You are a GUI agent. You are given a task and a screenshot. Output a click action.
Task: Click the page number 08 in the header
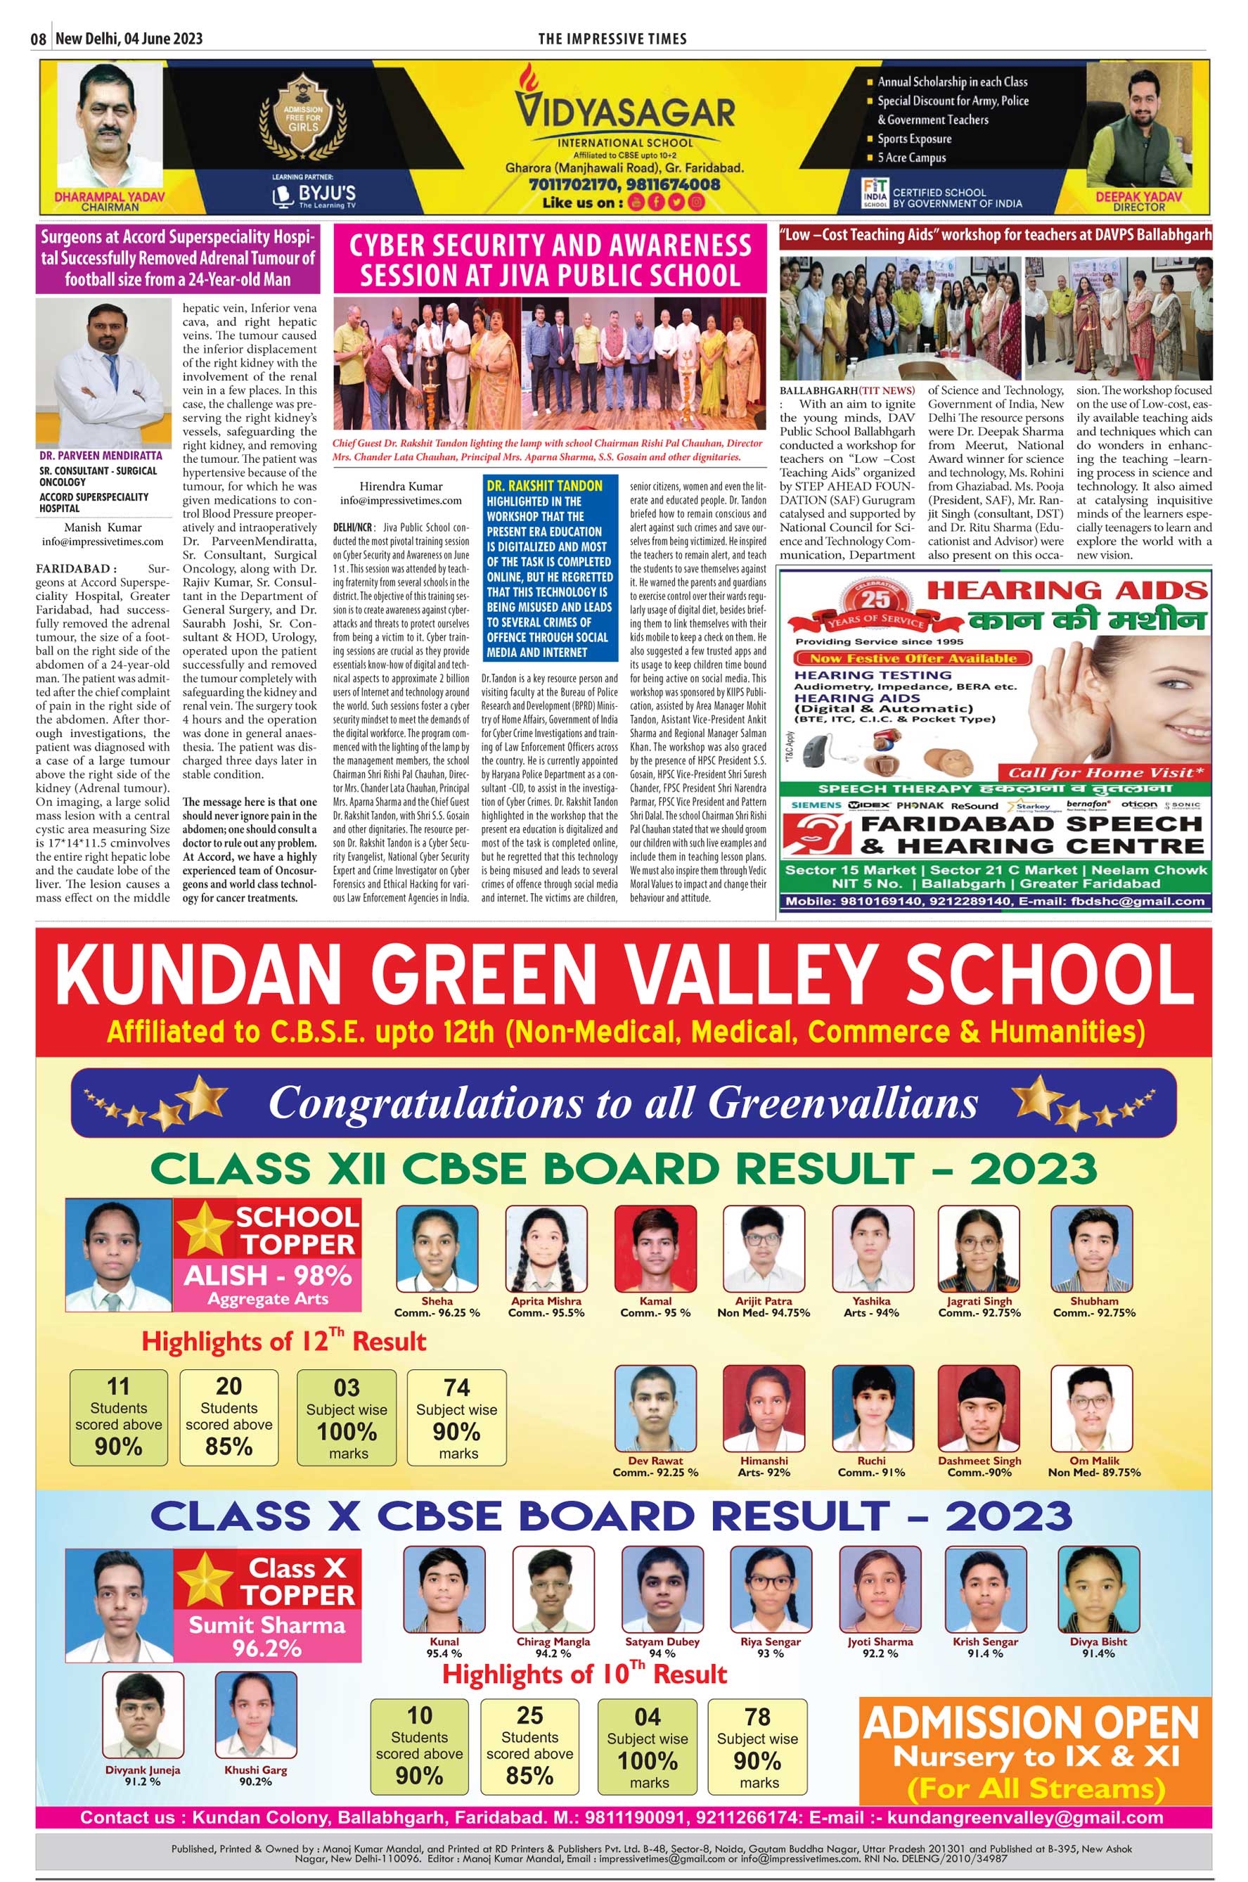coord(38,39)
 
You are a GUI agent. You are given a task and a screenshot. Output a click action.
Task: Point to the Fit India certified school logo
coord(875,193)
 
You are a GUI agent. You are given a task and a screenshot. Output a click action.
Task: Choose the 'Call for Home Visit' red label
coord(1105,772)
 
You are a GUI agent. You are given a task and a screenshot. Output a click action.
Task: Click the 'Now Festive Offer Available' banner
coord(912,658)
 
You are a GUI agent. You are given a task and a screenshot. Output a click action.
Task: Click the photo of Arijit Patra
coord(764,1248)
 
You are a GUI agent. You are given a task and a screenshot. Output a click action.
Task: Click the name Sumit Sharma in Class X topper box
coord(266,1625)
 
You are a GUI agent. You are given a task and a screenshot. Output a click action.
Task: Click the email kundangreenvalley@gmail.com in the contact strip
coord(1025,1817)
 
